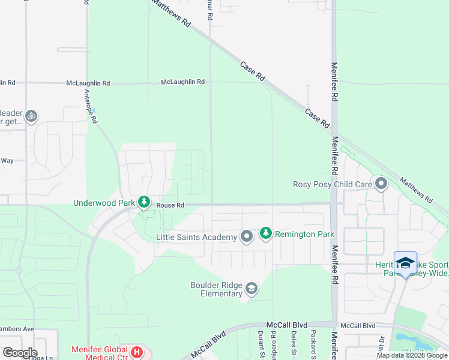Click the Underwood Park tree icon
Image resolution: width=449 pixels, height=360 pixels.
click(143, 202)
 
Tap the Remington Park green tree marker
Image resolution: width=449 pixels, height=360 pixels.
click(265, 233)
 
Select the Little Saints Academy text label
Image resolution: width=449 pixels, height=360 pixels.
click(196, 238)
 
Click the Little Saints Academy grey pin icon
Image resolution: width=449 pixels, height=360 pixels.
click(246, 237)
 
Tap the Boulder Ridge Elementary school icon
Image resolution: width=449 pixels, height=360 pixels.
click(252, 290)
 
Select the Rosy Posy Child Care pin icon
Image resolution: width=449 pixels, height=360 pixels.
click(381, 184)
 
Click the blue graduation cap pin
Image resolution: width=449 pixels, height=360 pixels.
click(405, 263)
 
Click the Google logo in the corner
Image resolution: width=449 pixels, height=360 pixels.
click(19, 352)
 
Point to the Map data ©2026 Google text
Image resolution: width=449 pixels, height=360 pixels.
click(412, 355)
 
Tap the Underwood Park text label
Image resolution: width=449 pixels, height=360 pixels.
click(104, 203)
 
